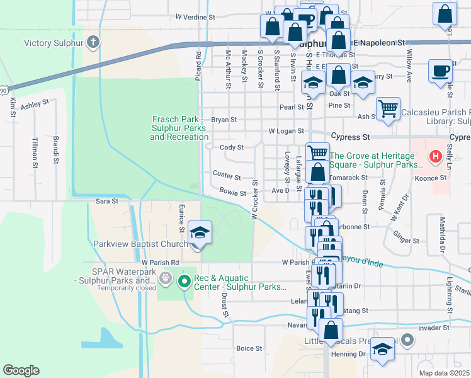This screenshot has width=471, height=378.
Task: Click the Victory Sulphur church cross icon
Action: pos(93,43)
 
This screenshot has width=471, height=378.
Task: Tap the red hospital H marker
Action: pos(434,156)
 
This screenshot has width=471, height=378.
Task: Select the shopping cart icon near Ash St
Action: pos(389,108)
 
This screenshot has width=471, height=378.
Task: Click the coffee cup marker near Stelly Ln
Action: pos(440,71)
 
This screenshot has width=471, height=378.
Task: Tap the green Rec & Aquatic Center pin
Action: pos(184,281)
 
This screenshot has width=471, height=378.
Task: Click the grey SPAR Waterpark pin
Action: pos(166,277)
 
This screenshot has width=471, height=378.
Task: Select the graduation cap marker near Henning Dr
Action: pos(382,349)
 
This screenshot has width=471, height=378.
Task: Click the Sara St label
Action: pos(106,201)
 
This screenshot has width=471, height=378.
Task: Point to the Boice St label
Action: pos(249,348)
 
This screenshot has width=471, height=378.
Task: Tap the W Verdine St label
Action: pos(196,17)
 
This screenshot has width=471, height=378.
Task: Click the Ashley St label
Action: pos(35,106)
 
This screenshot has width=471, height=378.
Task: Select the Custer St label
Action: pos(227,175)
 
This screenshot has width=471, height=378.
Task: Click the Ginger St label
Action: pos(406,241)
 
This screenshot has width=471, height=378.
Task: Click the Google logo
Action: pos(21,370)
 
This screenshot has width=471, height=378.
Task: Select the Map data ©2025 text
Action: pos(445,373)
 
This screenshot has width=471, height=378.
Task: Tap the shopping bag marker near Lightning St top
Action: pos(445,14)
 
